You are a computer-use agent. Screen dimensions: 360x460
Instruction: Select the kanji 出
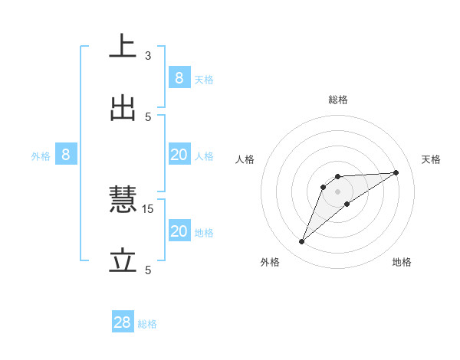coord(123,110)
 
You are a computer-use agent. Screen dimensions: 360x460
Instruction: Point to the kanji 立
coord(123,263)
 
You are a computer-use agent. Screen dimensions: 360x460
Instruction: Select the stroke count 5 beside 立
coord(148,270)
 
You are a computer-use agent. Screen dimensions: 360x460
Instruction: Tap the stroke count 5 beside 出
coord(148,116)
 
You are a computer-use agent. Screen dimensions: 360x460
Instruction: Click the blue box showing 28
coord(123,322)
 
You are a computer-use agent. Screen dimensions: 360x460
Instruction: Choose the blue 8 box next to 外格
coord(66,155)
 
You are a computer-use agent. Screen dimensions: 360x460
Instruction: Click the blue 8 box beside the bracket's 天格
coord(179,78)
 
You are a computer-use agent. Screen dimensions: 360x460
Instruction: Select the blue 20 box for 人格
coord(179,155)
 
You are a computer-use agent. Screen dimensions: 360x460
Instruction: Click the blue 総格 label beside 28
coord(147,324)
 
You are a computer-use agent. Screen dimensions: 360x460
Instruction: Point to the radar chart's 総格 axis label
coord(338,100)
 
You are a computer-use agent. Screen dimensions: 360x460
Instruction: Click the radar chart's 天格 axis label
coord(432,159)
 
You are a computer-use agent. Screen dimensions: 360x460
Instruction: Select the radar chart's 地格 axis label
coord(402,262)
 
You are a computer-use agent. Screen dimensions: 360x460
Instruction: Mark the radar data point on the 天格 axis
coord(396,172)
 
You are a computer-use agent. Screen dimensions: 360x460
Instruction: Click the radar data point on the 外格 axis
coord(302,242)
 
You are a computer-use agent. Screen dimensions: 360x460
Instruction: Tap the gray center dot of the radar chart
coord(337,191)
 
